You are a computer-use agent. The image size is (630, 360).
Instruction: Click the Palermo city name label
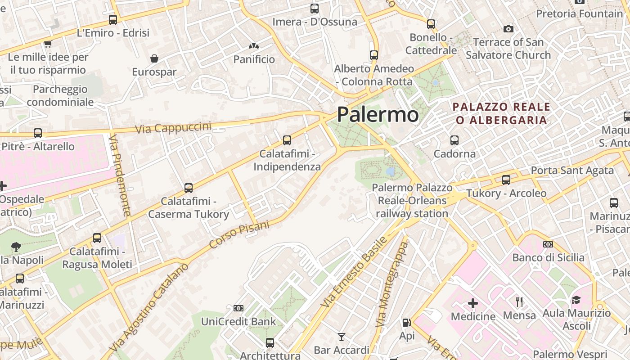pos(378,114)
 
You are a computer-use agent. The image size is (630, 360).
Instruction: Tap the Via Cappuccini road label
pos(173,127)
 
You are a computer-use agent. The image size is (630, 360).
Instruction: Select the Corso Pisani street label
pos(239,235)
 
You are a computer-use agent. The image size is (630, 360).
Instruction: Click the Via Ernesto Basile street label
pos(354,272)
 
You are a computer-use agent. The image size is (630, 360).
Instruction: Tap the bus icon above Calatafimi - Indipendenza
pos(287,140)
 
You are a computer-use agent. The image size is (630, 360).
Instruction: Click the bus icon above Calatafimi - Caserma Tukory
pos(189,188)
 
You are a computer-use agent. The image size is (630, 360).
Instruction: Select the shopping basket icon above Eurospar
pos(154,58)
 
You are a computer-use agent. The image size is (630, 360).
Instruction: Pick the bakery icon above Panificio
pos(254,46)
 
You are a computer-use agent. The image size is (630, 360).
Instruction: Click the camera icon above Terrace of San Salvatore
pos(508,29)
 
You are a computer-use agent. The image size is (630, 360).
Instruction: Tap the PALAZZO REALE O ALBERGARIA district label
pos(501,113)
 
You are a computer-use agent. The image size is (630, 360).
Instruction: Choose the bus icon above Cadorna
pos(454,140)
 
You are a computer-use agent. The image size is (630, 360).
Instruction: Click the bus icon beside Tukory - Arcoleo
pos(506,180)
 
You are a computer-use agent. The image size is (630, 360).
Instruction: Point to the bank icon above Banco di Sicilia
pos(548,244)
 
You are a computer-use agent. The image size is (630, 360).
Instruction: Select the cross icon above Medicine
pos(473,303)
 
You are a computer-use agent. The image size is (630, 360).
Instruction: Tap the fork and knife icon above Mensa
pos(519,301)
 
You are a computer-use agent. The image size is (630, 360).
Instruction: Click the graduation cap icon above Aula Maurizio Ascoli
pos(576,300)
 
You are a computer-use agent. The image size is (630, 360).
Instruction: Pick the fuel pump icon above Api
pos(406,323)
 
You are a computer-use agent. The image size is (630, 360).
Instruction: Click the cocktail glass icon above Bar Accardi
pos(342,337)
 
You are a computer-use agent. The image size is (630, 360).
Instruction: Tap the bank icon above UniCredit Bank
pos(238,308)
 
